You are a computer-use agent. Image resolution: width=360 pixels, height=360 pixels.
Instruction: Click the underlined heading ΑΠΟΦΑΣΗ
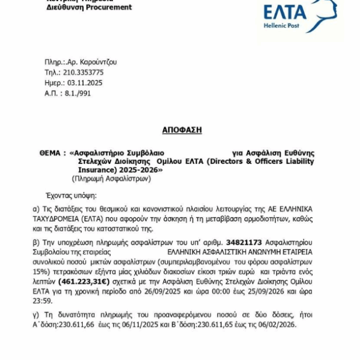point(182,130)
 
